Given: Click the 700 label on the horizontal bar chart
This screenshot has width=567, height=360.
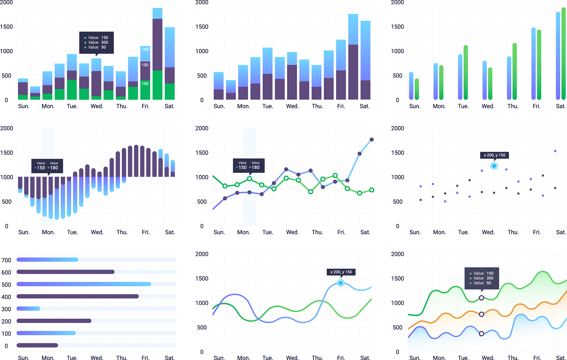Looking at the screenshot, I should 6,260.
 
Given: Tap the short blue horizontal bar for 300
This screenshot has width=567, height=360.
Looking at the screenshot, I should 28,308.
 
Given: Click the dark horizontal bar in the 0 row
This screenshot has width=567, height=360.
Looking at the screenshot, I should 37,345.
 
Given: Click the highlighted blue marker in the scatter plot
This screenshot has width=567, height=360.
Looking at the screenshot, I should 494,166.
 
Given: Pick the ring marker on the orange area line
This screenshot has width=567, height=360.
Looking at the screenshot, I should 481,314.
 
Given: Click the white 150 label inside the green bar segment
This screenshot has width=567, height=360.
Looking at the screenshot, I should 145,84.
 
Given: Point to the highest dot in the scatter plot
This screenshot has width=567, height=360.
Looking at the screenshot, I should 555,151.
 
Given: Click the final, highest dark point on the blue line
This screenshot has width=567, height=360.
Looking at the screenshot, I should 372,140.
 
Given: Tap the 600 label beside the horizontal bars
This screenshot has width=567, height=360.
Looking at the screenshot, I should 6,272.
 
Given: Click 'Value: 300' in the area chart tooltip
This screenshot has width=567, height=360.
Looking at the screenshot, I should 483,278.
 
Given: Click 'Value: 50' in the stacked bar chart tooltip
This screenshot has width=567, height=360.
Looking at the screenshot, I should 97,47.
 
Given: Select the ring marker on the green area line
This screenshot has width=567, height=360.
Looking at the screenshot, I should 481,298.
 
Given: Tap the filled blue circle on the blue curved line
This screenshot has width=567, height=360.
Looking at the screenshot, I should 341,283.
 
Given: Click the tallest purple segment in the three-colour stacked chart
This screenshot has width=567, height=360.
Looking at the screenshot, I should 157,44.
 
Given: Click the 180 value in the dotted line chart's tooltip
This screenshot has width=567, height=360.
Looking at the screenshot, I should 256,167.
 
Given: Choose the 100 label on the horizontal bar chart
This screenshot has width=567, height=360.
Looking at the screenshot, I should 6,334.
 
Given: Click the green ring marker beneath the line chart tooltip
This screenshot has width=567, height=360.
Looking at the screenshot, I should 249,179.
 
